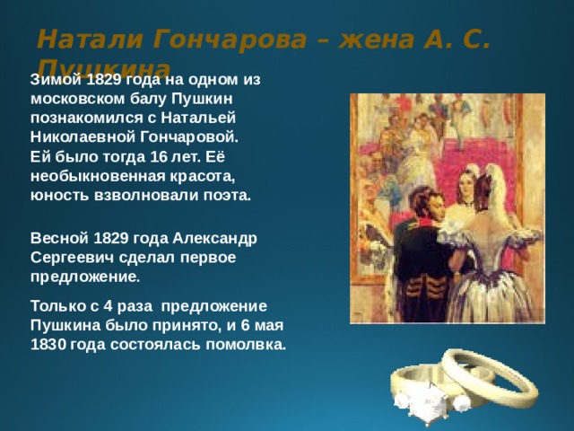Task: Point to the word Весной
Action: (x=56, y=239)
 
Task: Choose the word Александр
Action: (x=216, y=239)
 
